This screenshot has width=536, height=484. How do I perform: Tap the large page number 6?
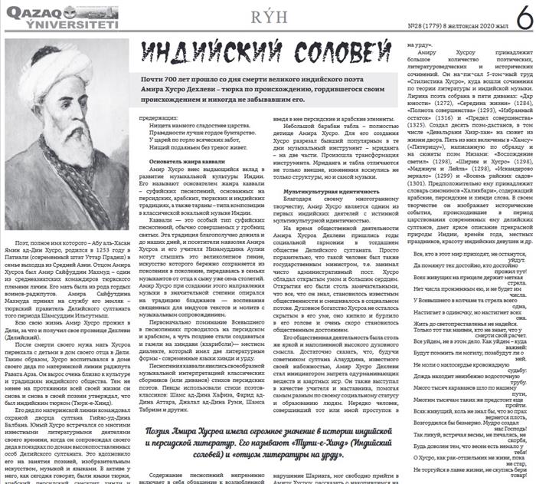521,16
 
